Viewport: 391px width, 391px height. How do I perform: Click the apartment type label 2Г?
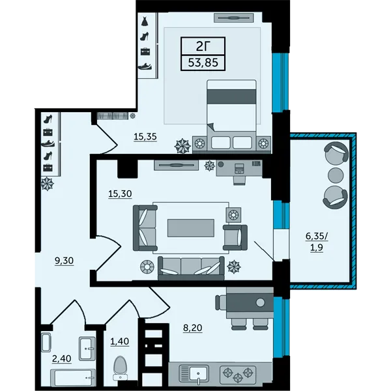[203, 46]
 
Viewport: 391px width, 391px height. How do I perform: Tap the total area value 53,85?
[203, 63]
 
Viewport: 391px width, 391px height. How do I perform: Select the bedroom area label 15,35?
[145, 137]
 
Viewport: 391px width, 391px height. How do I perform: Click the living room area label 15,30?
[120, 194]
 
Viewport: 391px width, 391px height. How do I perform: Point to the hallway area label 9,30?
[64, 261]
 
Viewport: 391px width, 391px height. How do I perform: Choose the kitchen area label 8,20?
[192, 328]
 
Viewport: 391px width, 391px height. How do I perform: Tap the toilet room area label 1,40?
[120, 341]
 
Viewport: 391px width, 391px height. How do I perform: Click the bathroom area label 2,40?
[62, 358]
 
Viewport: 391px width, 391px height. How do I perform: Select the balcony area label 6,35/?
[317, 236]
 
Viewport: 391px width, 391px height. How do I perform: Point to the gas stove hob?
[238, 375]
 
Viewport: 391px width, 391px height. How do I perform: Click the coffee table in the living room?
[191, 228]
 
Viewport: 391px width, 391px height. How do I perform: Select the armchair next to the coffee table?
[235, 237]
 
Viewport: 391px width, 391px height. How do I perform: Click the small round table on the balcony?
[336, 175]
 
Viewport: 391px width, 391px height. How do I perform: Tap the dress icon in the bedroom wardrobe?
[145, 22]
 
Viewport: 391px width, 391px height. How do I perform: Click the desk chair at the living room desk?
[240, 180]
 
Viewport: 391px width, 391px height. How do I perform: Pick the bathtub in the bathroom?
[73, 377]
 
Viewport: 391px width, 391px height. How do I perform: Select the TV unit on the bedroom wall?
[234, 18]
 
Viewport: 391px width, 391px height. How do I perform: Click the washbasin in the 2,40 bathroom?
[87, 349]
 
